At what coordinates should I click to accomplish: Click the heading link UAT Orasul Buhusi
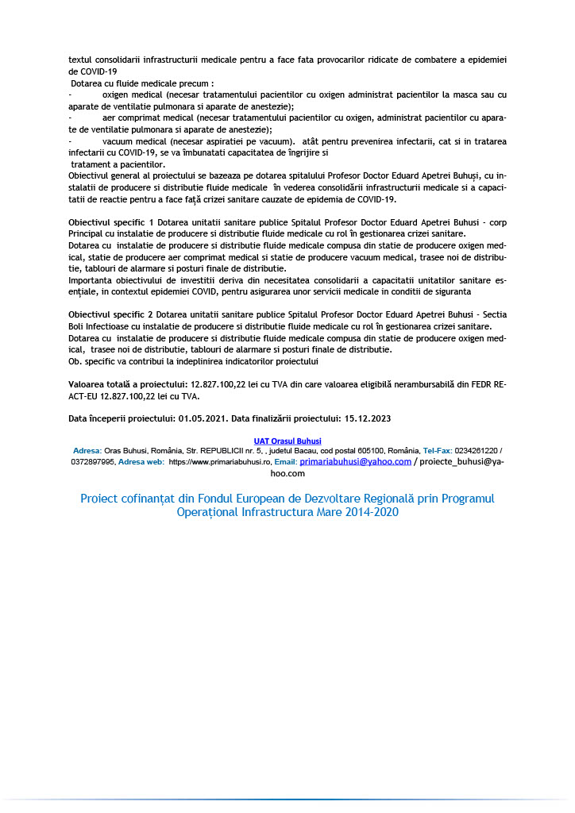click(287, 441)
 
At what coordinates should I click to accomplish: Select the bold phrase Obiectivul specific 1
click(111, 222)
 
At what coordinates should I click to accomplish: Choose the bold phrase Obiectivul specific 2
click(111, 315)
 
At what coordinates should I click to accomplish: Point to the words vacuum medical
click(129, 141)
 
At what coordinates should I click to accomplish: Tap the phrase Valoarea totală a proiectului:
click(128, 383)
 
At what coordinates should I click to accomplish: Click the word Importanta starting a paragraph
click(91, 280)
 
